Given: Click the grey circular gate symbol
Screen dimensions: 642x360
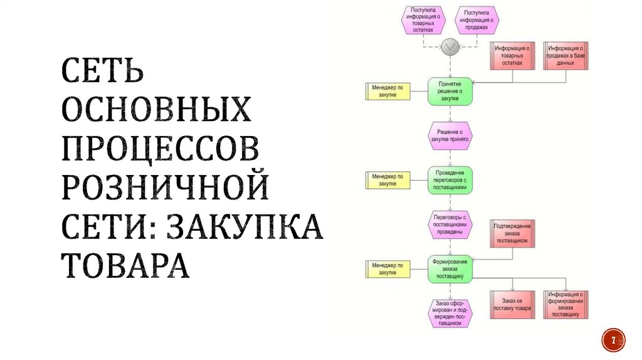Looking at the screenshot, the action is (450, 47).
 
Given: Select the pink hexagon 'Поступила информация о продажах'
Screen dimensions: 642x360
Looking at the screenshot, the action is (478, 21).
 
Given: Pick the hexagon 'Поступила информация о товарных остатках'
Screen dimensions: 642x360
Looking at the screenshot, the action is (423, 20).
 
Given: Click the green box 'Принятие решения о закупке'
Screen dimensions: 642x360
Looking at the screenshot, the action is (450, 91).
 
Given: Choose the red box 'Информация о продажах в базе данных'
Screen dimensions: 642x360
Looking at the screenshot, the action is (566, 55).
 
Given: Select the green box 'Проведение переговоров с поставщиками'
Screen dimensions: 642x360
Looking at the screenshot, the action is (450, 179).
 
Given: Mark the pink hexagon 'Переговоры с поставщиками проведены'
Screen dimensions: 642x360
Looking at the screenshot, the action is (450, 225).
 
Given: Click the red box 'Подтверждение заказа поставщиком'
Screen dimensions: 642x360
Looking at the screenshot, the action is (513, 233).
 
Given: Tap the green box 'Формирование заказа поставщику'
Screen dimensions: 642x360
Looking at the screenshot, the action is (450, 268).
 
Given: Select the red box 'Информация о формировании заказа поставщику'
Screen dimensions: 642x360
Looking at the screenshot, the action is (566, 305).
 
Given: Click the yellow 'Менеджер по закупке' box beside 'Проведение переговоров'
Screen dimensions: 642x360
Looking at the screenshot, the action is (387, 180).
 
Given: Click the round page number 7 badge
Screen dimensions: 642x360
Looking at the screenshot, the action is (613, 341).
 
